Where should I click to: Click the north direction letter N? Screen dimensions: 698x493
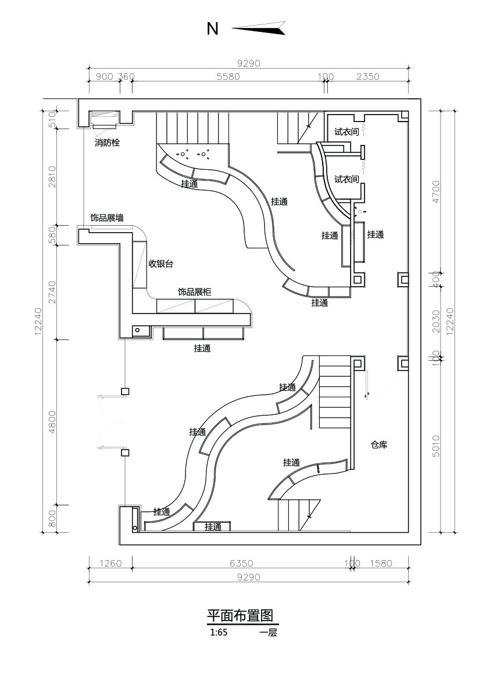coord(213,29)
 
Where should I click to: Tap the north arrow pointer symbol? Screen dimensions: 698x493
coord(259,27)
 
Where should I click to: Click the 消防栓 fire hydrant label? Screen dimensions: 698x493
coord(107,143)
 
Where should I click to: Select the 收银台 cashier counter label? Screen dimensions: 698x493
coord(161,263)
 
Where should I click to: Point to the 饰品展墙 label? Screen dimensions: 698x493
coord(106,218)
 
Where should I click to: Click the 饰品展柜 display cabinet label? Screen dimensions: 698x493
coord(194,292)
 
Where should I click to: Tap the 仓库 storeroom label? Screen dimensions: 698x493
coord(379,445)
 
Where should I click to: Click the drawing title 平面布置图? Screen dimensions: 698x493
coord(240,616)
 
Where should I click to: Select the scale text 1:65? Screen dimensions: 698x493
coord(219,633)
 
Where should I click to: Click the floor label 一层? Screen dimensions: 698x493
coord(269,633)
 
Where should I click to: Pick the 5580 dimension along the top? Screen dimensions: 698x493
coord(228,76)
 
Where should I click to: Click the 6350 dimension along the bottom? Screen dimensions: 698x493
coord(241,563)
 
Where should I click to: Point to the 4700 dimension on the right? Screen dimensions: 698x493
coord(436,190)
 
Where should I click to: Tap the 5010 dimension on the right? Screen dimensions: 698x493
coord(436,446)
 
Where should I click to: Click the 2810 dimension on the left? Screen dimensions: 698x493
coord(52,176)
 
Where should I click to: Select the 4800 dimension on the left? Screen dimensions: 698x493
coord(52,422)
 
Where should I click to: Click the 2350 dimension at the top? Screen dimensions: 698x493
coord(367,76)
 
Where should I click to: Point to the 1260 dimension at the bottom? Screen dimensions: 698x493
coord(110,563)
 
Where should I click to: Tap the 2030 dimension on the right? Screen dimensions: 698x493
coord(436,320)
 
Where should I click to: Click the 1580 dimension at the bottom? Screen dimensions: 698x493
coord(381,563)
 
